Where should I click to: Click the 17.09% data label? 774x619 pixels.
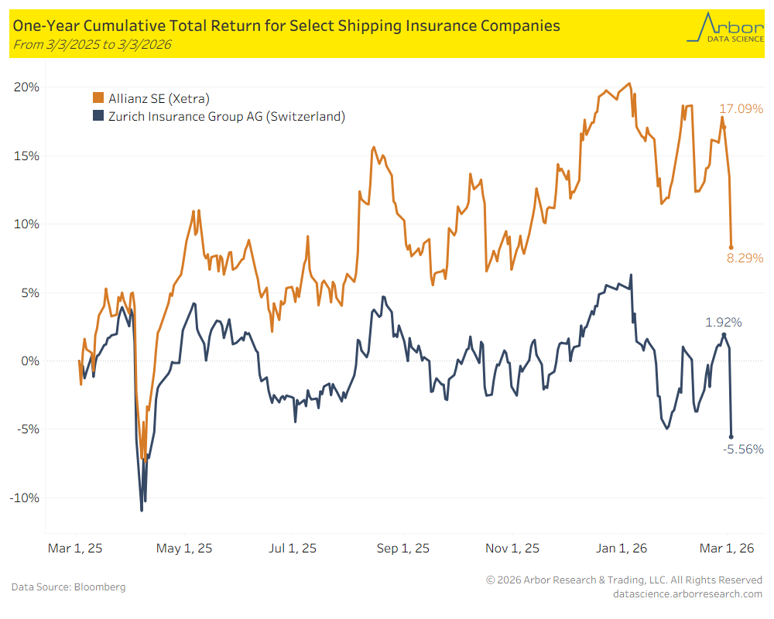(741, 109)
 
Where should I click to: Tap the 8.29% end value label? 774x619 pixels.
(745, 258)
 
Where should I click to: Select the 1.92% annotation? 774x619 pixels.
(723, 322)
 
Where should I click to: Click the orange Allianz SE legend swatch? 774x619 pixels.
(98, 98)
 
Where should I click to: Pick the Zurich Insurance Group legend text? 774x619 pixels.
(226, 117)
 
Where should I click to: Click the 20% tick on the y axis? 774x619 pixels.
(27, 87)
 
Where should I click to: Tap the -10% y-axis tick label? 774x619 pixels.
(26, 498)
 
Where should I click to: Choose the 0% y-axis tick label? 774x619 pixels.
(30, 361)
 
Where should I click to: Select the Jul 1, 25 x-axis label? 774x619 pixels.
(292, 549)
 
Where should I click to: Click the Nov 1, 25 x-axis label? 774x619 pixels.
(512, 549)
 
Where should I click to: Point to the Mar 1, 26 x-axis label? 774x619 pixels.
(727, 549)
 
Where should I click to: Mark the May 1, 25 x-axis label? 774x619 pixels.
(183, 549)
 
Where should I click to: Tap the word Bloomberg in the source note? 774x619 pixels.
(100, 587)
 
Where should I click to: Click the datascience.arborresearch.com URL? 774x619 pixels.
(687, 593)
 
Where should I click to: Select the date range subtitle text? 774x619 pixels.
(92, 45)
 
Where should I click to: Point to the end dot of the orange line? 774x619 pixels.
(731, 248)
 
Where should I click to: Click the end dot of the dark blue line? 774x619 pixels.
(731, 437)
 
